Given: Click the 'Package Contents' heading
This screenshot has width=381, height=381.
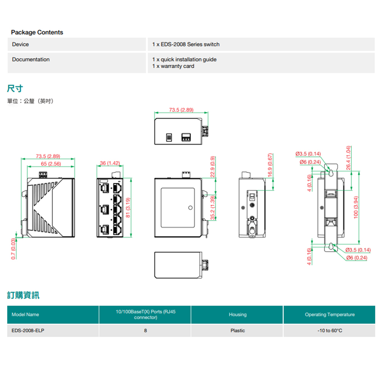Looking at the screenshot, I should click(x=37, y=32).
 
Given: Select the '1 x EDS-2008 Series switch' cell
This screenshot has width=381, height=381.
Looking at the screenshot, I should click(x=186, y=45).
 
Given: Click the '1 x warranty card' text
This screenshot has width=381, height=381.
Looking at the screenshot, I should click(x=173, y=66).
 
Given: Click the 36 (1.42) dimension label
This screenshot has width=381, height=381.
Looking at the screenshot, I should click(x=110, y=163).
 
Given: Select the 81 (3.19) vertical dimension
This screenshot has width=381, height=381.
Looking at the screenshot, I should click(x=128, y=208).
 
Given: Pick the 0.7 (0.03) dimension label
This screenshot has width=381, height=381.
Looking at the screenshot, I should click(x=13, y=248).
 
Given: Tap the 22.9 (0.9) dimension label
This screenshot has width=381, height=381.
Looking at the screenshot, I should click(x=213, y=166).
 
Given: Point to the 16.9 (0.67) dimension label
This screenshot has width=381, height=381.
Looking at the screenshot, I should click(x=270, y=165).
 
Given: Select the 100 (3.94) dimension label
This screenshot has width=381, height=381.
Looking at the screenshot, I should click(x=356, y=207).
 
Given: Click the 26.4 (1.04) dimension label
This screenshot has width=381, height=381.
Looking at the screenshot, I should click(x=348, y=158).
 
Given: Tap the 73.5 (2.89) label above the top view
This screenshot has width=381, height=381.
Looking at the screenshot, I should click(x=181, y=110).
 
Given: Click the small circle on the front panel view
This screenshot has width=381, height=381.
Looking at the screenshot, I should click(x=190, y=208).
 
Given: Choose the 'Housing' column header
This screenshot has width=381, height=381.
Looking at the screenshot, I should click(x=237, y=315).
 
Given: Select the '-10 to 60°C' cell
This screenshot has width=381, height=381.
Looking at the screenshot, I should click(x=330, y=331).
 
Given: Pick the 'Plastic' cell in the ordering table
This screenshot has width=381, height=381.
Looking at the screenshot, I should click(x=237, y=331).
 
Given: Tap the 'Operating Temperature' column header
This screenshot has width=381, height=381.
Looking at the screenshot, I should click(x=330, y=315).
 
